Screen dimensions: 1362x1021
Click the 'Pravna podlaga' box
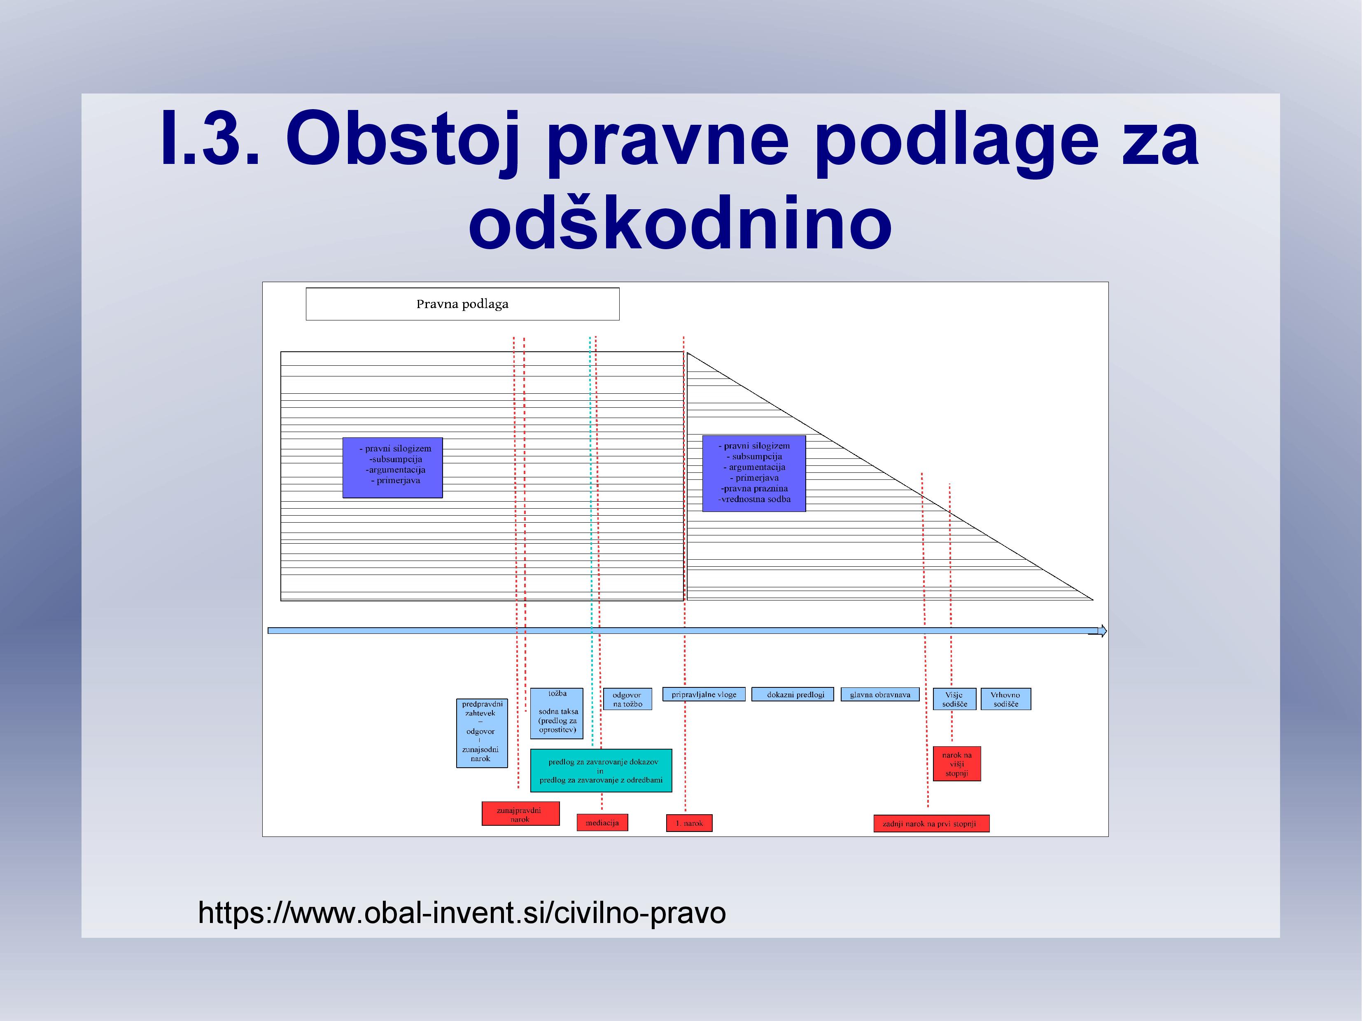[x=462, y=304]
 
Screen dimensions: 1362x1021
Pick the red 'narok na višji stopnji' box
[x=957, y=764]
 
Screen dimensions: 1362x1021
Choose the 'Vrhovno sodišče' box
[x=1005, y=699]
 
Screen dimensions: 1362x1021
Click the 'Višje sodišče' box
[x=954, y=699]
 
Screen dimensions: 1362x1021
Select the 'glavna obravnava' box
[x=880, y=695]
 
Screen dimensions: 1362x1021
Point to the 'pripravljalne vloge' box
[x=704, y=695]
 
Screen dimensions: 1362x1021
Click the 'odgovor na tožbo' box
[x=627, y=699]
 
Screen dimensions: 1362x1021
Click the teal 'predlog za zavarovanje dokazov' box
[x=601, y=770]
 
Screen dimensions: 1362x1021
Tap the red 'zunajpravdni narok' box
[x=520, y=813]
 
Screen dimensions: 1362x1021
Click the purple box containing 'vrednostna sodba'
[x=753, y=473]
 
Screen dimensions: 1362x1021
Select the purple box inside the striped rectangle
[x=392, y=467]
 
